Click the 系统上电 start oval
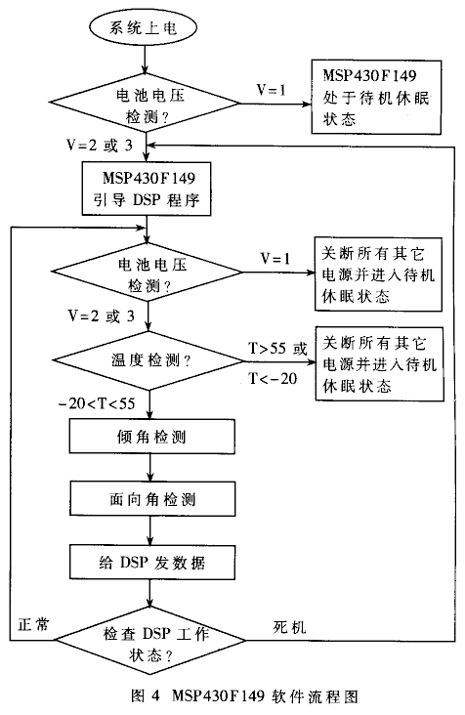point(144,27)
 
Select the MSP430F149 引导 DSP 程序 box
point(147,188)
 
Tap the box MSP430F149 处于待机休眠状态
point(376,97)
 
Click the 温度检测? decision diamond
point(149,361)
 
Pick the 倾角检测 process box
point(152,437)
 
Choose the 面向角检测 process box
point(152,499)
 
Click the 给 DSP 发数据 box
point(152,562)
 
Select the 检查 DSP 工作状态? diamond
point(150,640)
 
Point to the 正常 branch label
point(33,624)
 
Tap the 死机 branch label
point(290,627)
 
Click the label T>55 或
point(277,349)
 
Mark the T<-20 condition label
point(273,378)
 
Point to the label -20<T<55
point(97,403)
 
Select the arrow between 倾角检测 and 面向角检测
point(150,468)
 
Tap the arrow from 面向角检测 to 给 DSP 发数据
point(150,530)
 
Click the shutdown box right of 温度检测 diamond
point(379,364)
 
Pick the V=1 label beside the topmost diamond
point(272,90)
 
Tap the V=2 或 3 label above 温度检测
point(101,315)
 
